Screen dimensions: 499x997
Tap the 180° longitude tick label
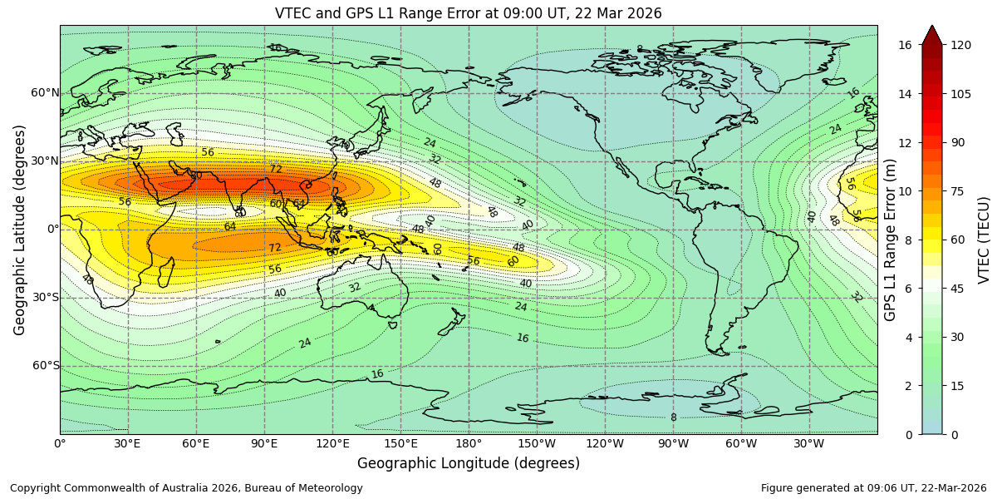click(x=469, y=444)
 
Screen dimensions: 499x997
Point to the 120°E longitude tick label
click(x=332, y=444)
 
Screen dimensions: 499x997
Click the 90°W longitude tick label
click(x=673, y=444)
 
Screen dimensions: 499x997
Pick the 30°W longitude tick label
click(x=809, y=444)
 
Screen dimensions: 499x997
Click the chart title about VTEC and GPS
click(x=469, y=13)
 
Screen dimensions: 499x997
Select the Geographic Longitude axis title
click(x=469, y=463)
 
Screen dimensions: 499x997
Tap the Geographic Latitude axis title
click(x=20, y=230)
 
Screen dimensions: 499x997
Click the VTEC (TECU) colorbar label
click(x=985, y=240)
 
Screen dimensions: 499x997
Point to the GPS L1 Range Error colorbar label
click(x=891, y=240)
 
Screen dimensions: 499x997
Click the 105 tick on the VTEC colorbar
click(x=960, y=94)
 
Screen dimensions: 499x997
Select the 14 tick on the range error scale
click(x=906, y=94)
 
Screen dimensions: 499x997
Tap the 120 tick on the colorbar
click(x=960, y=45)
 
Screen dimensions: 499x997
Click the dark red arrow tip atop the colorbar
click(x=932, y=33)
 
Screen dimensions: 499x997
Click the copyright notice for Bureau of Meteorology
click(x=186, y=488)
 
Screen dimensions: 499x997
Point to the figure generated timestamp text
click(x=873, y=488)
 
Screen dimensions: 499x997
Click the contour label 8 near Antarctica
click(x=674, y=417)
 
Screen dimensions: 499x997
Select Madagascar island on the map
click(x=165, y=271)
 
